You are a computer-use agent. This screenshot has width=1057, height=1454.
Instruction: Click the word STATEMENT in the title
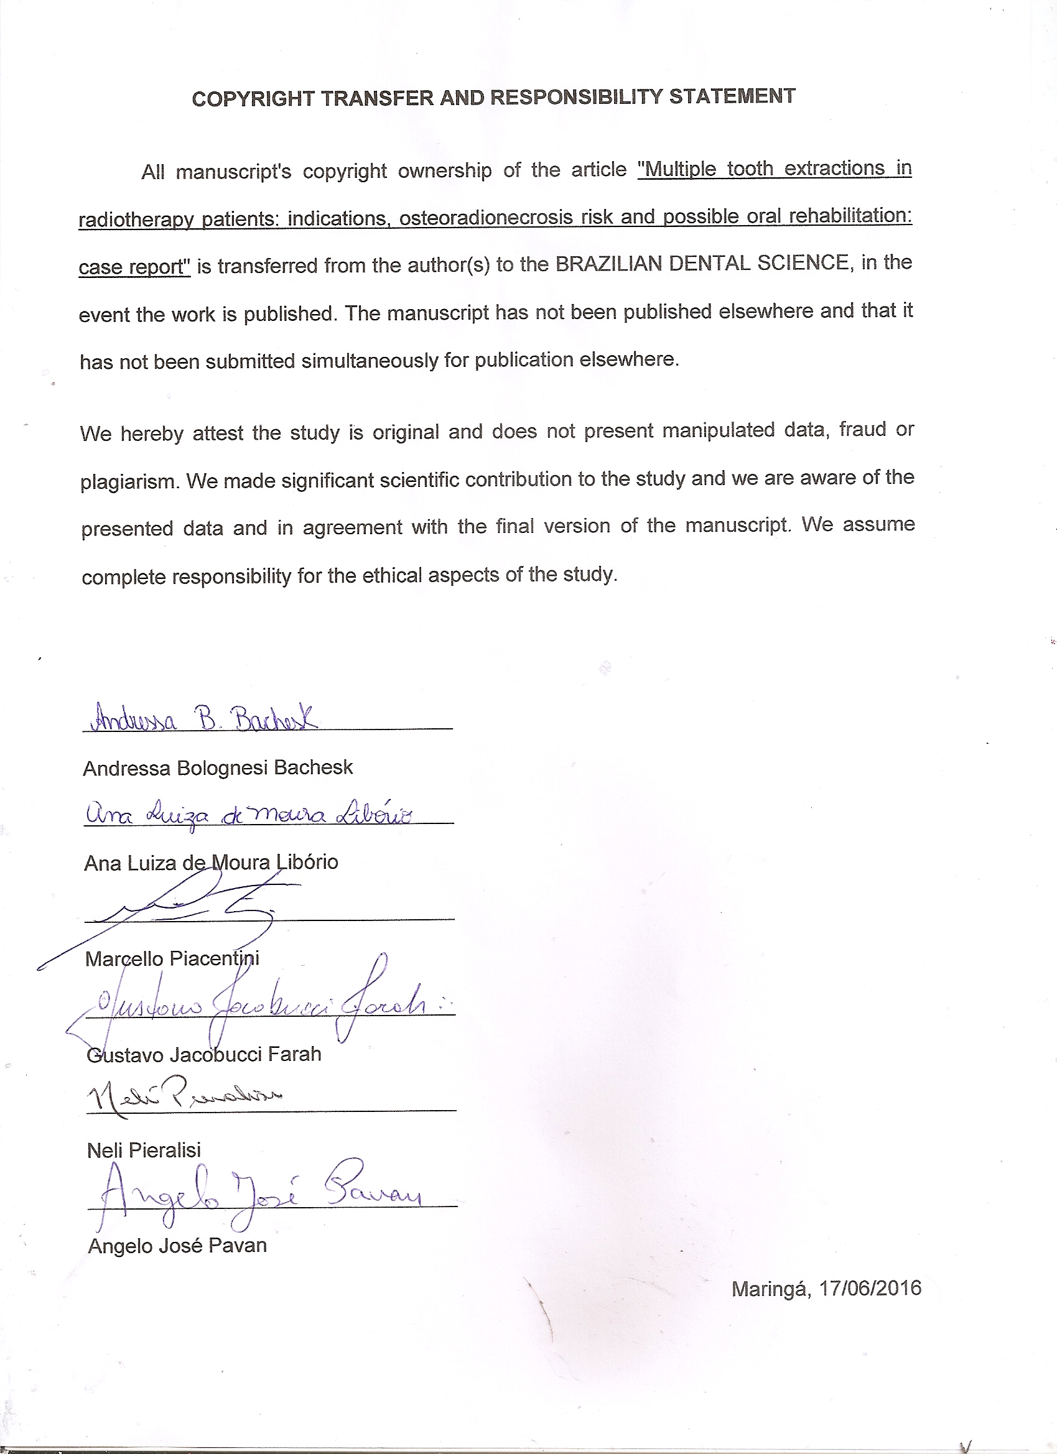click(x=732, y=96)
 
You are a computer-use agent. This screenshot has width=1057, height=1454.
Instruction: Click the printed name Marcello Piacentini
click(x=172, y=958)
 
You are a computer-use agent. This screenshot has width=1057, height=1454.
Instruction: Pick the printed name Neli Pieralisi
click(x=144, y=1150)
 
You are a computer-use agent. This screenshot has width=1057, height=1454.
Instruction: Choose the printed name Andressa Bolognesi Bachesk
click(x=218, y=767)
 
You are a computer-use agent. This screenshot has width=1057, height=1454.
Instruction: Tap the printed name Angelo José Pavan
click(x=177, y=1246)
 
